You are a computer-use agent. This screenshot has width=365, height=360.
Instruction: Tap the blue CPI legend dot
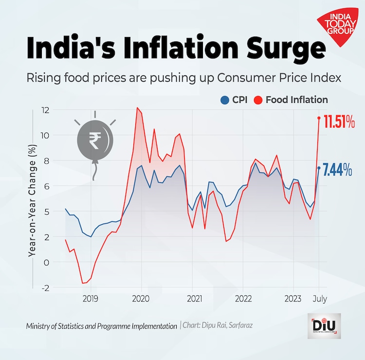[224, 100]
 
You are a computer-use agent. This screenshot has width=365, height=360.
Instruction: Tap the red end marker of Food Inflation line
[319, 118]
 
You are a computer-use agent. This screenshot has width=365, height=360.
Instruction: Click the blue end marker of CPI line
[319, 168]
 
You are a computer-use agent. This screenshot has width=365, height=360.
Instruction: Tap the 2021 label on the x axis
[194, 298]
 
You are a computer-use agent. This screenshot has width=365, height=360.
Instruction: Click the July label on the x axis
[319, 298]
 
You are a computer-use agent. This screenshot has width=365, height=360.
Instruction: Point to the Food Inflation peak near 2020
[138, 108]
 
